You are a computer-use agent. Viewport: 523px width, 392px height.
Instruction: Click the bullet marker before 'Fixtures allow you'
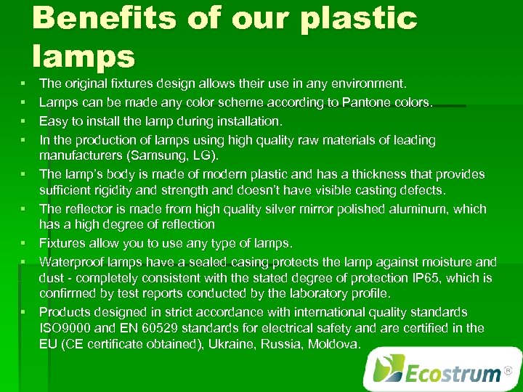24,242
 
